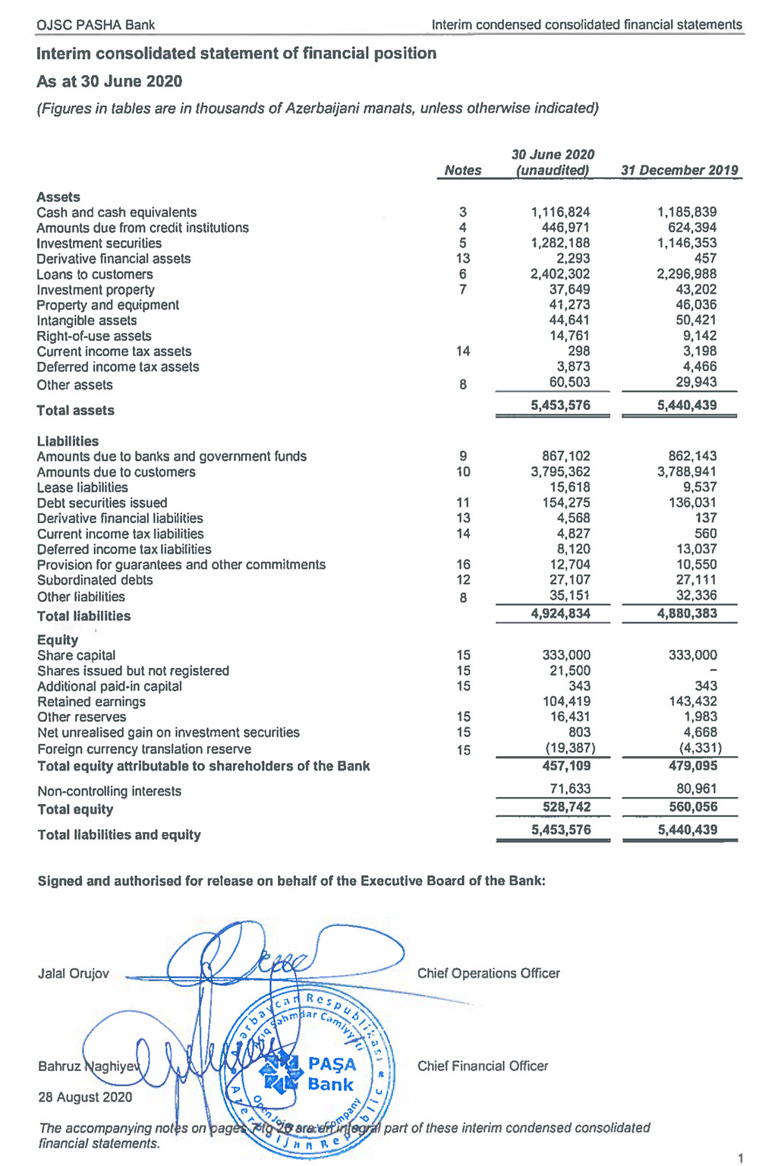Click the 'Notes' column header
(x=463, y=171)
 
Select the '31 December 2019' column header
(x=679, y=171)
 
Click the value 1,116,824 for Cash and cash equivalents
(x=560, y=213)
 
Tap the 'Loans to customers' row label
(x=95, y=275)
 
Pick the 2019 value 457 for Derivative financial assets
(x=705, y=259)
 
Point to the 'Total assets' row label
(x=75, y=411)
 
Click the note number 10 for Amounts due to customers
(x=463, y=472)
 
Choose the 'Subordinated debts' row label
(x=95, y=580)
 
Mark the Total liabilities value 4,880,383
(x=687, y=613)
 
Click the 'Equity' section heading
(x=58, y=640)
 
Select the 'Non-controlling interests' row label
(x=109, y=791)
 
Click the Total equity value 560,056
(x=693, y=807)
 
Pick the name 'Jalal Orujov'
(x=74, y=974)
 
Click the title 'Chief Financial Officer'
(x=483, y=1067)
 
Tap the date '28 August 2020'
(x=85, y=1098)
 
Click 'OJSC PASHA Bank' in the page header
(x=96, y=25)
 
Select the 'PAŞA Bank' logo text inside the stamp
(x=331, y=1074)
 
